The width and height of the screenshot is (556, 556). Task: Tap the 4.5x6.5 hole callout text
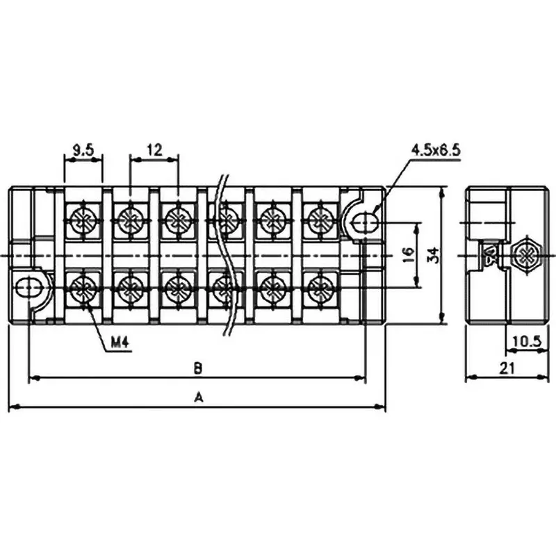[436, 149]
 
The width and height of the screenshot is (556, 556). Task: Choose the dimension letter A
[197, 397]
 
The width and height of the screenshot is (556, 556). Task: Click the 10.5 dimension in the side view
[525, 341]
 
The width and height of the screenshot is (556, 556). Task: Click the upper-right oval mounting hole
[365, 222]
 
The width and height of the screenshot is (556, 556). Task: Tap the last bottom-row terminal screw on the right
[319, 288]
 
